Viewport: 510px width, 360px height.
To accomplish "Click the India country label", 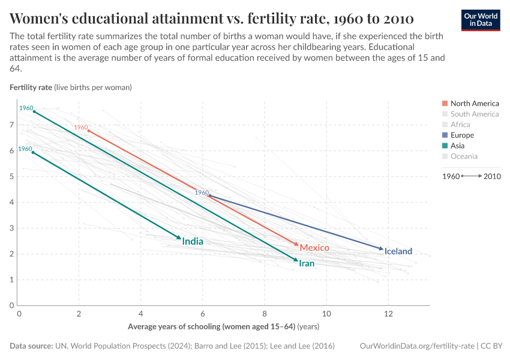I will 193,242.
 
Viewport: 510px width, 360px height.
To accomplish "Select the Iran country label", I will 306,263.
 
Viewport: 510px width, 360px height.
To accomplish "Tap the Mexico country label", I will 314,248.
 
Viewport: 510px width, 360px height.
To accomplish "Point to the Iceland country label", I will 398,251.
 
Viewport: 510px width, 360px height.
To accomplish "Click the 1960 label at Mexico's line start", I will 81,127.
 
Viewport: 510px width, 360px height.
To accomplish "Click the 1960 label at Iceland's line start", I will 202,193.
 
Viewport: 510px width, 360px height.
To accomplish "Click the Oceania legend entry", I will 463,157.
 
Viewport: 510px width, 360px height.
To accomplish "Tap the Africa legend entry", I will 460,125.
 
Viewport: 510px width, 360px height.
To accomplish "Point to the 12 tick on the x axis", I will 388,314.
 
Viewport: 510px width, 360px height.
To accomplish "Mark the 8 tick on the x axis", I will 265,314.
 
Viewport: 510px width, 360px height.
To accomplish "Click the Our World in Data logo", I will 481,20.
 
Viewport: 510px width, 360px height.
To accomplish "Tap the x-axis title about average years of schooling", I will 223,327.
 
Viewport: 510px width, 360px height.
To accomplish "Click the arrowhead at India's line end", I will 179,238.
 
